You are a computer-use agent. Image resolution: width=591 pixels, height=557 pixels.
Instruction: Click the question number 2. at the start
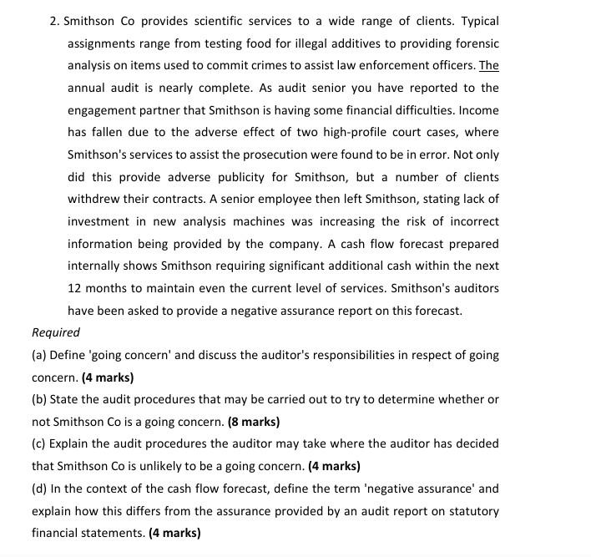coord(55,21)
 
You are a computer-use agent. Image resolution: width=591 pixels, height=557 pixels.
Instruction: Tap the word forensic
coord(476,43)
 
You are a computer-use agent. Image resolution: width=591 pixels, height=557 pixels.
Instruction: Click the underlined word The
coord(488,66)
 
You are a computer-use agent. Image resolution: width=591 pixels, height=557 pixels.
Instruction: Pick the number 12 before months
coord(75,288)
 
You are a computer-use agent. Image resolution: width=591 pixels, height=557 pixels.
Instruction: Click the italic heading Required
coord(56,332)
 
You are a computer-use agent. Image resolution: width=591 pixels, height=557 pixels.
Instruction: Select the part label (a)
coord(39,355)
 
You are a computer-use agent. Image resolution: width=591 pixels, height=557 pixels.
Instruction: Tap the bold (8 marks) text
coord(254,422)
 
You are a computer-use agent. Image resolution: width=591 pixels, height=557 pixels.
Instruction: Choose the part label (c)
coord(39,443)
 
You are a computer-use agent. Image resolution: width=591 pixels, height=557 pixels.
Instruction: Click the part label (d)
coord(39,489)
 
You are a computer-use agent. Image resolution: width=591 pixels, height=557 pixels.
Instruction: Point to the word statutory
coord(472,510)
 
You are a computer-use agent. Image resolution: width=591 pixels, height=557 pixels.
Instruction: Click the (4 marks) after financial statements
coord(174,533)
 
